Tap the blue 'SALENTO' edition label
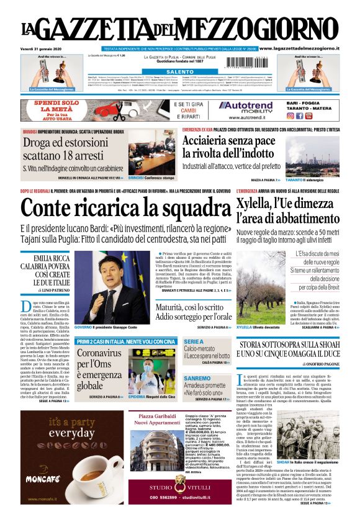coord(179,72)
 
